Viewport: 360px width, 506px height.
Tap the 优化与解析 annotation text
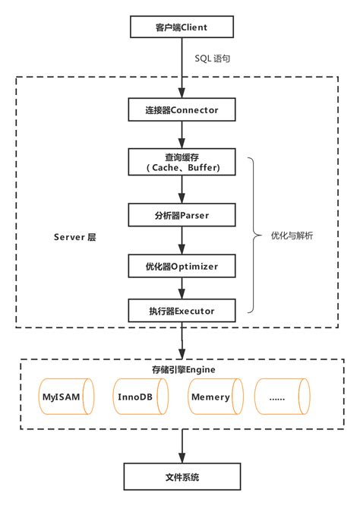[292, 236]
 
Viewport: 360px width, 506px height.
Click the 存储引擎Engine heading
[183, 369]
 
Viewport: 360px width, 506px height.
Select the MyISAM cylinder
[67, 397]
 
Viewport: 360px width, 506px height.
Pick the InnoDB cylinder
[141, 397]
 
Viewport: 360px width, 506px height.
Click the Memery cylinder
[215, 397]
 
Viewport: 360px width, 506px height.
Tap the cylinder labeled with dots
[283, 397]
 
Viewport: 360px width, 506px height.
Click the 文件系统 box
[183, 479]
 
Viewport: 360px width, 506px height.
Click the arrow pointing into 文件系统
[183, 448]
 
